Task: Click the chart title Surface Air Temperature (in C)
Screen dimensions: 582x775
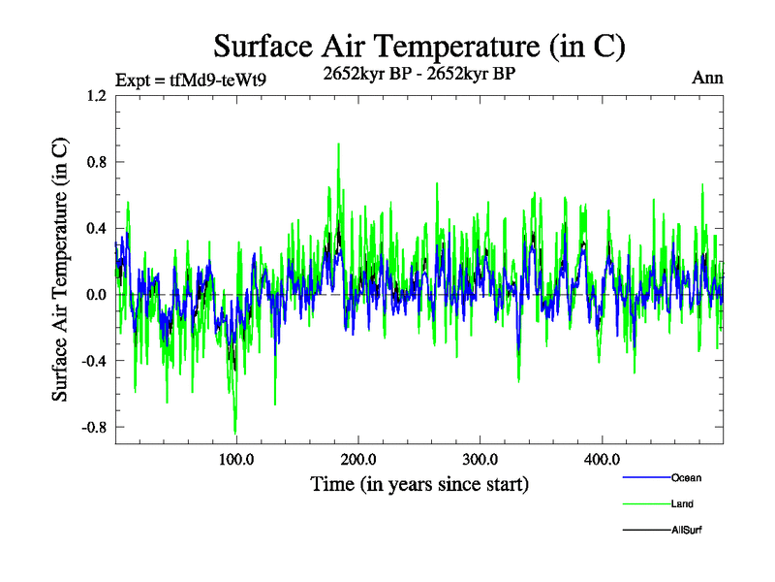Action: [x=418, y=46]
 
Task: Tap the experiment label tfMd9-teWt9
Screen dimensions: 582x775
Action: [x=190, y=80]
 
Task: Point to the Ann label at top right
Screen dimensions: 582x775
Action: [x=707, y=79]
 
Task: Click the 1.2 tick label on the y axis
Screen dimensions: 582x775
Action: [x=96, y=96]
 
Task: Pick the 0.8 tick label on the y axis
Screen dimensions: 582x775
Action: [x=96, y=162]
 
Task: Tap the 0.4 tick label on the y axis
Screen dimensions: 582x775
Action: [x=96, y=228]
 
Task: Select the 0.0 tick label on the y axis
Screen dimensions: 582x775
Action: [x=96, y=294]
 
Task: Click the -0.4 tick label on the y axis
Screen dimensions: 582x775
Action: [x=94, y=361]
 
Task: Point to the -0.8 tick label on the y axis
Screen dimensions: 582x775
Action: [x=94, y=427]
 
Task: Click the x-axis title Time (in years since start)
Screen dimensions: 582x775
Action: [x=419, y=483]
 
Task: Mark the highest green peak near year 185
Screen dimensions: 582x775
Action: [x=338, y=145]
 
